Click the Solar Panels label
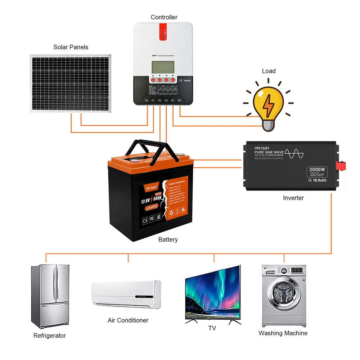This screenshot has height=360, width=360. pos(71,47)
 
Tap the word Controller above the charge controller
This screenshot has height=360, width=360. pos(164,17)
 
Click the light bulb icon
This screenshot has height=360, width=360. pos(268,104)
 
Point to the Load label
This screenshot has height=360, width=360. pos(269,71)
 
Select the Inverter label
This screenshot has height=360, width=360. pos(293,198)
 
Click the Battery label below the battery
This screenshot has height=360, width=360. pos(168,239)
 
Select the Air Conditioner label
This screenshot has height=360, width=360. pos(128,320)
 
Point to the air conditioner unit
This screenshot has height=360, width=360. pos(126,293)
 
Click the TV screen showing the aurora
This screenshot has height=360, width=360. pos(212,293)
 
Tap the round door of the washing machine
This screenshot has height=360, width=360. pos(283,297)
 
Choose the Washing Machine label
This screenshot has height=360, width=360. pos(283,333)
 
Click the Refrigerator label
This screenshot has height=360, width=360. pos(49,336)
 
